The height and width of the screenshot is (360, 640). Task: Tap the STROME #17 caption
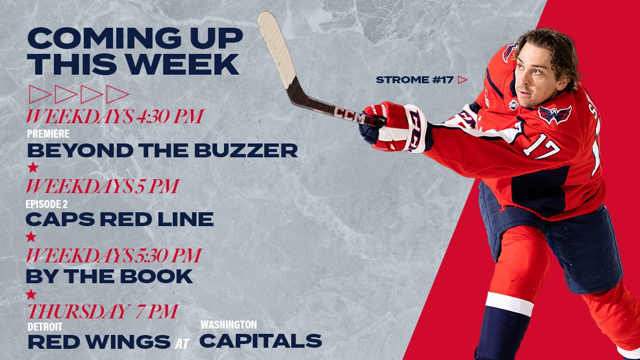tap(414, 80)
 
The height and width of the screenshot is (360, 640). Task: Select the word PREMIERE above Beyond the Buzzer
tap(48, 133)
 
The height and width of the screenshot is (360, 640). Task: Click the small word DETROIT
tap(45, 325)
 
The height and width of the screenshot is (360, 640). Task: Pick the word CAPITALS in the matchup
tap(260, 341)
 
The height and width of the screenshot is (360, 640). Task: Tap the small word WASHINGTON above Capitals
tap(228, 324)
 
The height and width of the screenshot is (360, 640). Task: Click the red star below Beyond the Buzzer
tap(33, 167)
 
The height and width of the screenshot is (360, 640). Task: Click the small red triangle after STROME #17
tap(462, 80)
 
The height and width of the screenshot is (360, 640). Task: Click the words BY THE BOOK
tap(109, 276)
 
